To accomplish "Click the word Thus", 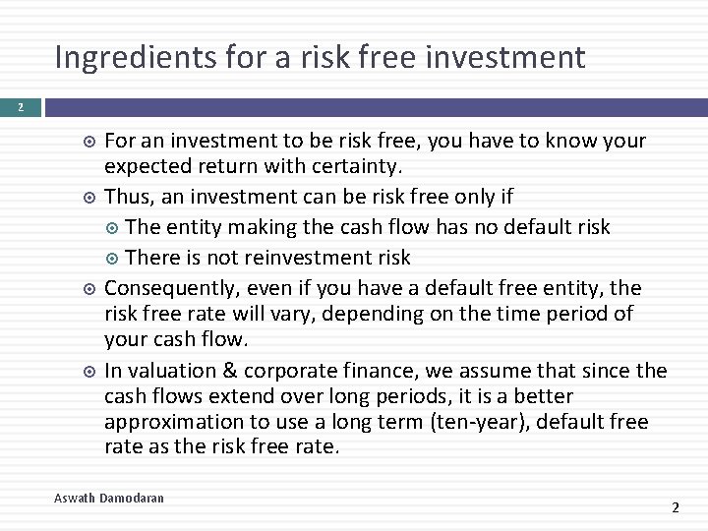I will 126,197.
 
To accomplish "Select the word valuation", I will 169,371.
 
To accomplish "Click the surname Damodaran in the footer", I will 132,499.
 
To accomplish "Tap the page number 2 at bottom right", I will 675,507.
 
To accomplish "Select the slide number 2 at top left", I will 22,106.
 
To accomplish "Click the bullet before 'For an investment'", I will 89,142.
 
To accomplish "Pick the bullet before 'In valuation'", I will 89,372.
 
